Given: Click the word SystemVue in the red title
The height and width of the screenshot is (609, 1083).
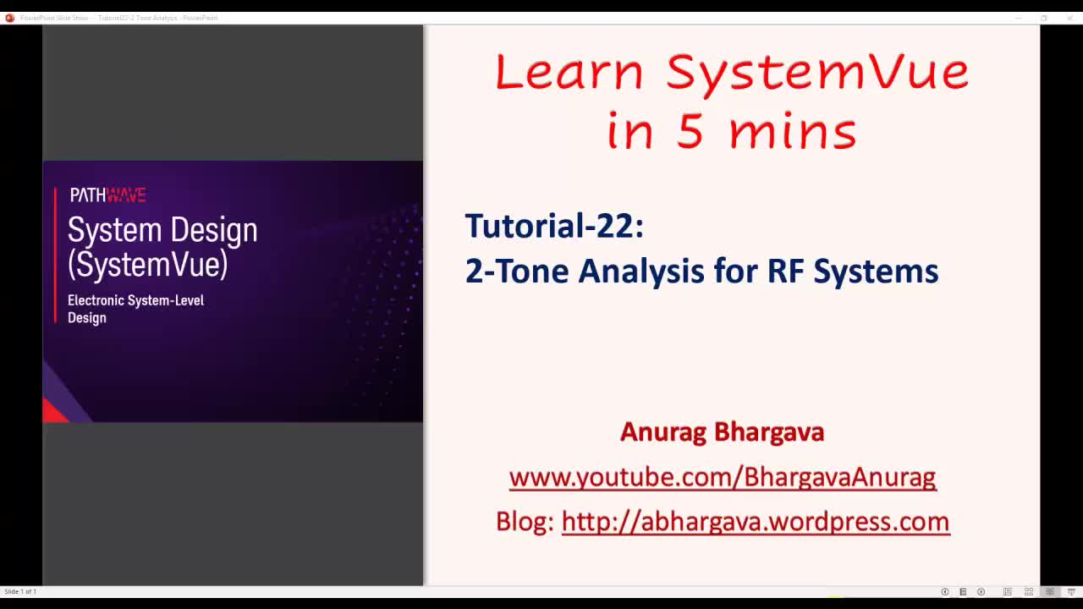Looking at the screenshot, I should (x=817, y=72).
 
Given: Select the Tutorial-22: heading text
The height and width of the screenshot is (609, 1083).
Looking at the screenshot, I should (x=554, y=226).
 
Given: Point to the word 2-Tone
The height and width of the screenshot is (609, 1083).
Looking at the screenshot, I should (x=516, y=272).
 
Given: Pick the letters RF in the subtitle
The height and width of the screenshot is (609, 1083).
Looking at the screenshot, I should (x=785, y=272).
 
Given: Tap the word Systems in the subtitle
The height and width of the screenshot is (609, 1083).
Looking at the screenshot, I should (x=876, y=272).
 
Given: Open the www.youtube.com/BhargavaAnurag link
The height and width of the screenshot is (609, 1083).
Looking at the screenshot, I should (x=722, y=477).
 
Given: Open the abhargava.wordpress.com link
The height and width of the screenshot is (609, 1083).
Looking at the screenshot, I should (x=755, y=521).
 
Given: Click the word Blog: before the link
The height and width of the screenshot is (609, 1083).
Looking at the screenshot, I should (x=525, y=521).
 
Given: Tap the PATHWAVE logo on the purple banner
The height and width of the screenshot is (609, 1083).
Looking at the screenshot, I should (x=107, y=195).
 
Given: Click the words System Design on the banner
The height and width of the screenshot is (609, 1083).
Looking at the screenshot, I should (x=162, y=230).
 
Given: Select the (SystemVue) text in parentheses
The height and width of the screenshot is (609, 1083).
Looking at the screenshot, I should (x=148, y=265).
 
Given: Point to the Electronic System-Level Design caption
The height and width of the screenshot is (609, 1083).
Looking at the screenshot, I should (x=135, y=309).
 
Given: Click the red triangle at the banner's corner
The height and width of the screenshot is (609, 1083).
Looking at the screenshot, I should (x=54, y=412).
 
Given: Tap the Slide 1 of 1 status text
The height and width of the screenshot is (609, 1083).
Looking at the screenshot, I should (x=20, y=591).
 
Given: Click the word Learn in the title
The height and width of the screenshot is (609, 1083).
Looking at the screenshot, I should (x=569, y=72).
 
